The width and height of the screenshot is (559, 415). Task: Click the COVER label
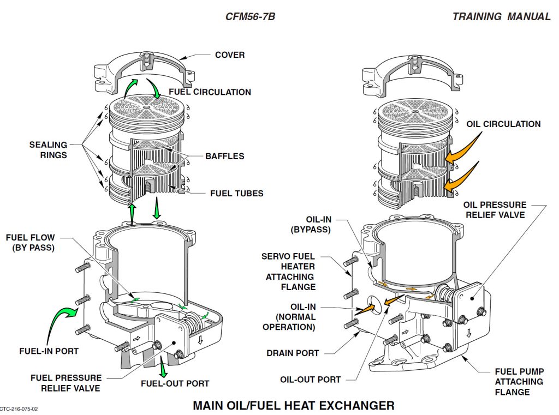pyautogui.click(x=230, y=55)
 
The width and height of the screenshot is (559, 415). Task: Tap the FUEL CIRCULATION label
pyautogui.click(x=210, y=92)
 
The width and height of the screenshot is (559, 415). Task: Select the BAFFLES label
pyautogui.click(x=224, y=157)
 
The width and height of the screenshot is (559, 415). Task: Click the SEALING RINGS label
pyautogui.click(x=49, y=150)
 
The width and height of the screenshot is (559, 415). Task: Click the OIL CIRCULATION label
pyautogui.click(x=503, y=124)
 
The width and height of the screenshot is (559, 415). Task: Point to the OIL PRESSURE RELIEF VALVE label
pyautogui.click(x=495, y=210)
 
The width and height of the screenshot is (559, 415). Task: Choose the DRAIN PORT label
pyautogui.click(x=293, y=353)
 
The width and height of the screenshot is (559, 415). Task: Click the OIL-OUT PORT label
pyautogui.click(x=311, y=380)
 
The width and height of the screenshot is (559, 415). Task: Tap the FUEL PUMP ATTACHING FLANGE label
pyautogui.click(x=519, y=382)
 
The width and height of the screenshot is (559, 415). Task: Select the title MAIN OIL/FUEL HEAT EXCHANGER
pyautogui.click(x=294, y=406)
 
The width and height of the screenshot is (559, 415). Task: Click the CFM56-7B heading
pyautogui.click(x=250, y=16)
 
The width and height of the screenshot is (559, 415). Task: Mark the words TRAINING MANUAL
pyautogui.click(x=501, y=16)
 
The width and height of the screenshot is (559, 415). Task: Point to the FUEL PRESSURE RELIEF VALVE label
pyautogui.click(x=66, y=383)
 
